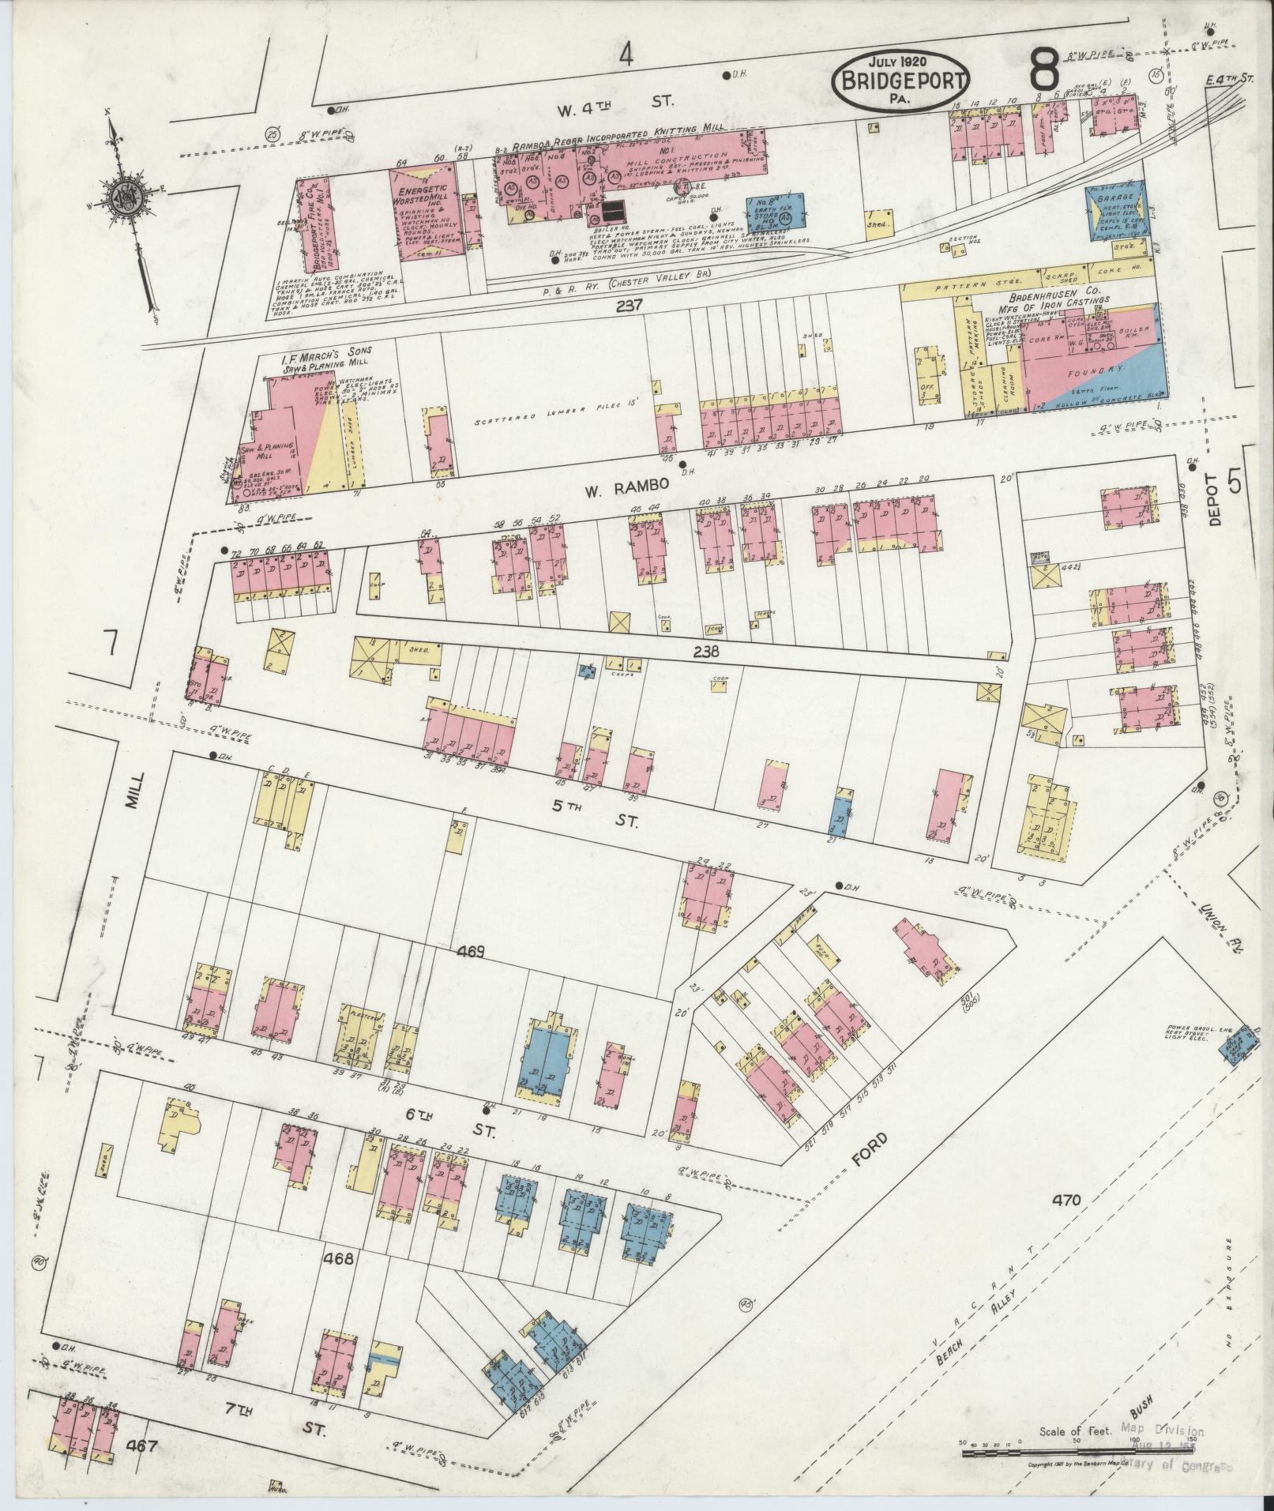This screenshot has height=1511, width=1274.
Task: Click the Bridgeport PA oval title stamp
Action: point(901,80)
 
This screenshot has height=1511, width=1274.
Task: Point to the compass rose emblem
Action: point(125,198)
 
